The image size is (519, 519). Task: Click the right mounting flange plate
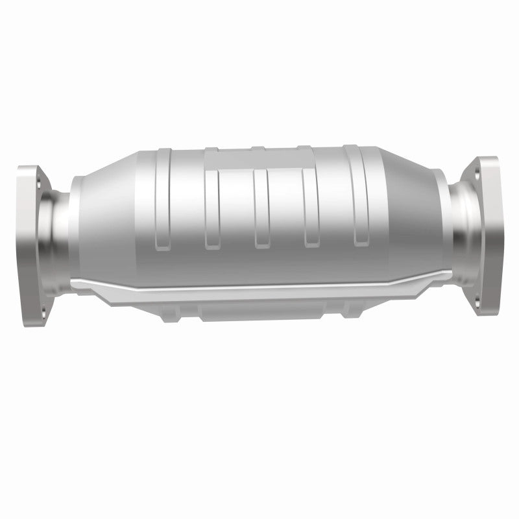(x=487, y=237)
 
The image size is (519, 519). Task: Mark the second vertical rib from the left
(x=211, y=208)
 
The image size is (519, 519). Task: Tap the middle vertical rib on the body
(x=261, y=208)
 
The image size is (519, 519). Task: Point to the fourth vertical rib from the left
(x=310, y=208)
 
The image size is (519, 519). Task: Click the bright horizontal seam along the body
(x=259, y=286)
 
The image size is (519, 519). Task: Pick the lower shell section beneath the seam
(x=259, y=308)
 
